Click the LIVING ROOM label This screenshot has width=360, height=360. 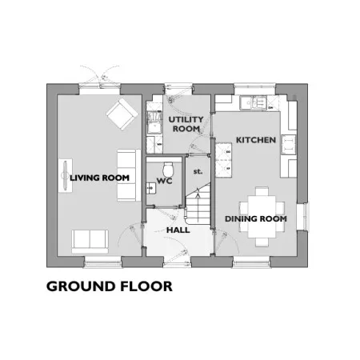(x=99, y=178)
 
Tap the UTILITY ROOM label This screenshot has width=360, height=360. (x=186, y=124)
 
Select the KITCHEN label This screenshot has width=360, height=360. (x=256, y=140)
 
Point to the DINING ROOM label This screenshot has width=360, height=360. (x=256, y=218)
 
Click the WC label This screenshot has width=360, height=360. (x=165, y=181)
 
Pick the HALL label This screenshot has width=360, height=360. (x=178, y=230)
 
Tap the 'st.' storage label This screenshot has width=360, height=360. (x=198, y=171)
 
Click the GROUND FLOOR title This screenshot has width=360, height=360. (x=110, y=286)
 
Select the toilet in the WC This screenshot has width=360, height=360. (x=168, y=168)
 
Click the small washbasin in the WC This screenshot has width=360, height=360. (x=151, y=188)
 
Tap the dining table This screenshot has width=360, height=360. (x=262, y=217)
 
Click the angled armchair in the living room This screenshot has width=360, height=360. (x=122, y=114)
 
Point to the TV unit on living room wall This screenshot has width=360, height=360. (x=66, y=175)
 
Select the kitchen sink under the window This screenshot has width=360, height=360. (x=253, y=103)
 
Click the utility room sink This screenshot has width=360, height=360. (x=154, y=122)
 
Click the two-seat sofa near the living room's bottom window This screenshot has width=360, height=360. (x=90, y=242)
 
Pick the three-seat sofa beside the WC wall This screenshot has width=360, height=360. (x=129, y=175)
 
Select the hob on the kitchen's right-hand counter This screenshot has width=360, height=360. (x=288, y=145)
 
